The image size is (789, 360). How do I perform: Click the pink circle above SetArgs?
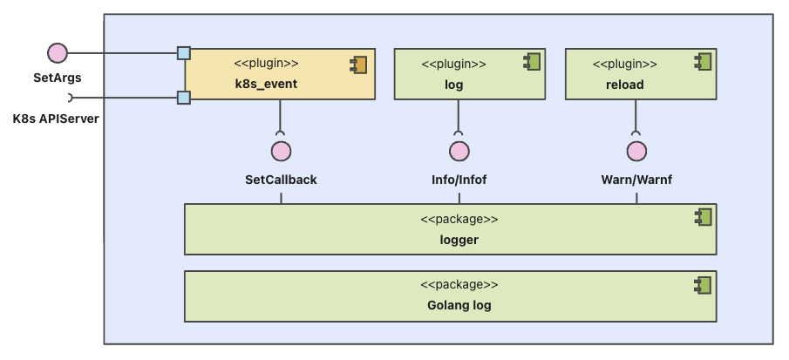[x=58, y=53]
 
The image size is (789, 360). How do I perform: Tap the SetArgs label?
[x=58, y=78]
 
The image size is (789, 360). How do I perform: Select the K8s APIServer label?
[x=56, y=119]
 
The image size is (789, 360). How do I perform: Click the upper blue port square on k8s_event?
[x=184, y=53]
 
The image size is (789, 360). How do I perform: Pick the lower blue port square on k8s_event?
[x=184, y=98]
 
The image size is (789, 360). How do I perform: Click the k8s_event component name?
[x=266, y=85]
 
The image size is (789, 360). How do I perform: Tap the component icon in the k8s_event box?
[x=358, y=64]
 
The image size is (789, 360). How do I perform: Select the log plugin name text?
[x=453, y=85]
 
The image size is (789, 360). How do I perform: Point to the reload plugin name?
[x=624, y=85]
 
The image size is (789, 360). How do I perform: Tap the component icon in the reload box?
[x=703, y=62]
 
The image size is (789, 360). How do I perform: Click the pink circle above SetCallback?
[x=281, y=152]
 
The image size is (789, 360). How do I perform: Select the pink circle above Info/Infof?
[x=459, y=152]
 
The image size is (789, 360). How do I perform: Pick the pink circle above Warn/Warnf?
[x=636, y=152]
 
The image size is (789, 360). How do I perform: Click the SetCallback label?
[x=281, y=180]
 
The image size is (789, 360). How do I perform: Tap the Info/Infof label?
[x=459, y=180]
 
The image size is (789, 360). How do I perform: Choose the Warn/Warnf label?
[x=636, y=180]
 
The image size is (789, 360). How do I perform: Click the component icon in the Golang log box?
[x=703, y=284]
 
